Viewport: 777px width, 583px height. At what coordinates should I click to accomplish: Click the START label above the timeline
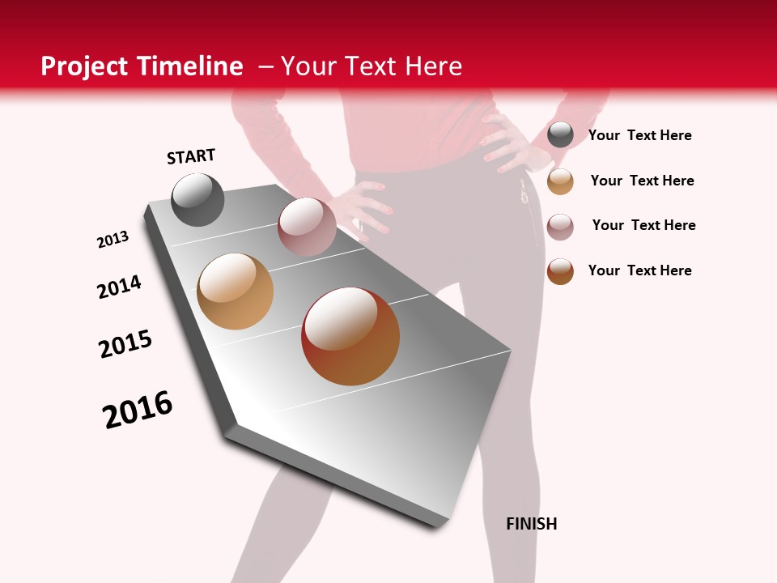click(x=191, y=156)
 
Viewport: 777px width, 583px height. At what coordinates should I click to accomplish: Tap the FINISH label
click(x=532, y=524)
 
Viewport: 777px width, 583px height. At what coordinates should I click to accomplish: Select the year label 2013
click(x=113, y=240)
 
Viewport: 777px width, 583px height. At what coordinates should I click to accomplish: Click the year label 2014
click(x=120, y=287)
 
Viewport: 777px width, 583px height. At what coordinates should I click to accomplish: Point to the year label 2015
click(x=125, y=344)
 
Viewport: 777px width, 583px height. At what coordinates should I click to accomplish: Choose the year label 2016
click(x=138, y=410)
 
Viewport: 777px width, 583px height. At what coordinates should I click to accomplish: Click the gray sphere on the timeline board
click(x=198, y=199)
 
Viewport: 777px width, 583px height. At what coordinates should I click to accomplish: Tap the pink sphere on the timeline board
click(x=307, y=227)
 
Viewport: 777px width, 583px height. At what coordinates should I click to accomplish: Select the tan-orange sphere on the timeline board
click(x=236, y=291)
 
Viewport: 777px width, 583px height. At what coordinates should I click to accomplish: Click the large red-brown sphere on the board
click(x=350, y=336)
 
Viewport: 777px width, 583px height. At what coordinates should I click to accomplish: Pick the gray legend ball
click(x=560, y=134)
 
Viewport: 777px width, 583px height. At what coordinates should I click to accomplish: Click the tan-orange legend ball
click(x=560, y=181)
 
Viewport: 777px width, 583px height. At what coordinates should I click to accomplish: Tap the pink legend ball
click(x=560, y=227)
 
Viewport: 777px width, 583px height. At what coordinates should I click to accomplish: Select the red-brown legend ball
click(x=560, y=271)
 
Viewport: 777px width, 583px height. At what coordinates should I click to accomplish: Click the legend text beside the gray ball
click(x=639, y=135)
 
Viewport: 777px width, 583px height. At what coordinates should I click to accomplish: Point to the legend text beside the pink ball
click(x=643, y=225)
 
